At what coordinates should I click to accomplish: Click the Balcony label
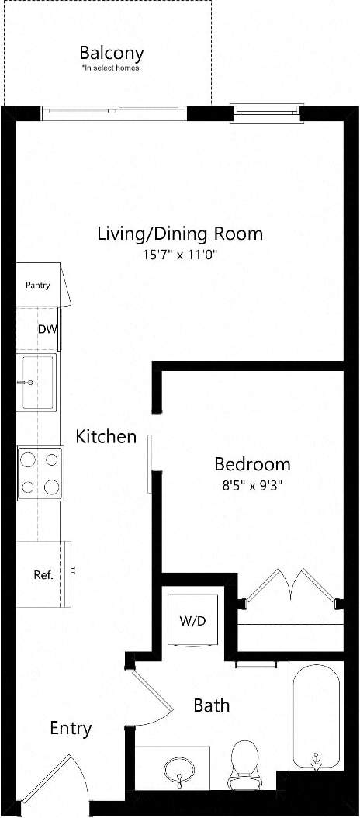111,54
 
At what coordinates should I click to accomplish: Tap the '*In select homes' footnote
111,68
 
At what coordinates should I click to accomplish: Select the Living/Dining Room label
179,233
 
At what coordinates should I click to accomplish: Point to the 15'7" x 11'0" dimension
179,254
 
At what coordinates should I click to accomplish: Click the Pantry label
38,286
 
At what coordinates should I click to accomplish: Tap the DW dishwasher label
47,329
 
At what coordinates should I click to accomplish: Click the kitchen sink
37,382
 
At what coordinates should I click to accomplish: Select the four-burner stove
40,473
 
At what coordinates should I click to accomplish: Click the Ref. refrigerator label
43,575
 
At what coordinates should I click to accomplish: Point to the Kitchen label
106,437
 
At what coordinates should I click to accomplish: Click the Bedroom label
252,464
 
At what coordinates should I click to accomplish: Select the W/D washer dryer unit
192,621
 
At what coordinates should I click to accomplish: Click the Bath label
211,705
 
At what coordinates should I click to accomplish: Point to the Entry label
71,729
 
